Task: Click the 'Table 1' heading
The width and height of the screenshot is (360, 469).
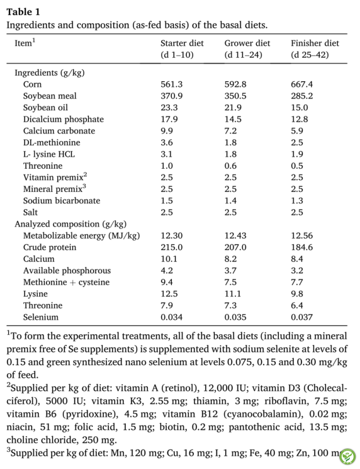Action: pyautogui.click(x=23, y=12)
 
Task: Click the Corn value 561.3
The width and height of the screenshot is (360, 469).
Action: pyautogui.click(x=171, y=84)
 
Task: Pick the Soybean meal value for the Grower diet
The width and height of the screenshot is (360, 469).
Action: pyautogui.click(x=235, y=96)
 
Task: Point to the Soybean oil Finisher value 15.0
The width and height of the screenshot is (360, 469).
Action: pyautogui.click(x=300, y=108)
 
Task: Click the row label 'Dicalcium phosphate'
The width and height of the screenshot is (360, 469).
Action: pyautogui.click(x=64, y=120)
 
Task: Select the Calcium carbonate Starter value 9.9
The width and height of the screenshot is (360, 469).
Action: pyautogui.click(x=167, y=131)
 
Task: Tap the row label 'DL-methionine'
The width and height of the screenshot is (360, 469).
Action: pyautogui.click(x=52, y=143)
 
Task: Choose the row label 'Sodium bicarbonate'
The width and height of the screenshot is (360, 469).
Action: pyautogui.click(x=62, y=201)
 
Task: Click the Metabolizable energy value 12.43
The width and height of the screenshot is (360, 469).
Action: pyautogui.click(x=235, y=235)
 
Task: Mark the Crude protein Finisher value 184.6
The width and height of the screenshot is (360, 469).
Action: pyautogui.click(x=301, y=247)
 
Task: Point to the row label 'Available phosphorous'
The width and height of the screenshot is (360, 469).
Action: pyautogui.click(x=67, y=271)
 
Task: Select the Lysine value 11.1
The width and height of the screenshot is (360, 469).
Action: pyautogui.click(x=233, y=294)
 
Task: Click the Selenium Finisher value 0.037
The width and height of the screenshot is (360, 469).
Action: pyautogui.click(x=301, y=317)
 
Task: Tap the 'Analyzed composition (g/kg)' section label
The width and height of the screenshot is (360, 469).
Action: pyautogui.click(x=70, y=224)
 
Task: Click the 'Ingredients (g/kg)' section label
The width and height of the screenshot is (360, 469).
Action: pyautogui.click(x=50, y=72)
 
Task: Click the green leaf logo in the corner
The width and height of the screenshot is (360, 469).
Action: pyautogui.click(x=348, y=457)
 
